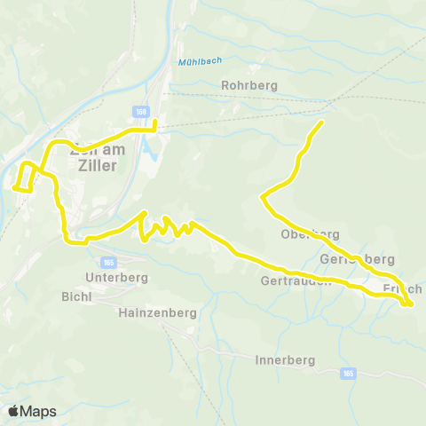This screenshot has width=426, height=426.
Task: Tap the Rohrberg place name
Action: click(249, 85)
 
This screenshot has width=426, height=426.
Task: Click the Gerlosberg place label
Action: click(355, 259)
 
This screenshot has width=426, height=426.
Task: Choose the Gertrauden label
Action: click(296, 280)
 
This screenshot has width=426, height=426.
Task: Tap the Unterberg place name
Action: click(112, 277)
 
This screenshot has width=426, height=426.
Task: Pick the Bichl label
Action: click(78, 296)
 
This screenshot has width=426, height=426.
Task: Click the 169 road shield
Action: click(142, 111)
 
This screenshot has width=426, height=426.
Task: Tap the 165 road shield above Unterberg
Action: click(109, 263)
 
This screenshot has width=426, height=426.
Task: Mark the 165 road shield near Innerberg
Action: click(348, 374)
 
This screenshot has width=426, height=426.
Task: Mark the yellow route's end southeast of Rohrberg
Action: click(321, 122)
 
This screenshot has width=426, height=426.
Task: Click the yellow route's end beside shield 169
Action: click(154, 122)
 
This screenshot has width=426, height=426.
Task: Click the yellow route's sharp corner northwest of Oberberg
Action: click(261, 198)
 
